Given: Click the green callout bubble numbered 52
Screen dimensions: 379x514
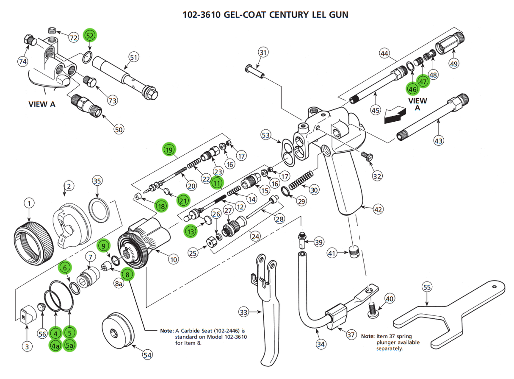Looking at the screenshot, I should point(90,35).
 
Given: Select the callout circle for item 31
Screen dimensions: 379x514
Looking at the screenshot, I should point(263,53).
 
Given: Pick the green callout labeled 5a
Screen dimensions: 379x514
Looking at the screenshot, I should point(70,346).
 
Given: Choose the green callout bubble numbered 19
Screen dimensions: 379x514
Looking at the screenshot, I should point(169,150).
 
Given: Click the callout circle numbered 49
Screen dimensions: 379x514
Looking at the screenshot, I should point(453,64).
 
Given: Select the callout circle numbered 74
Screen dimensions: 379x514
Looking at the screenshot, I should point(23,61).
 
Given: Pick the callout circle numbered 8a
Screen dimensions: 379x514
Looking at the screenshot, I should point(119,284).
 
